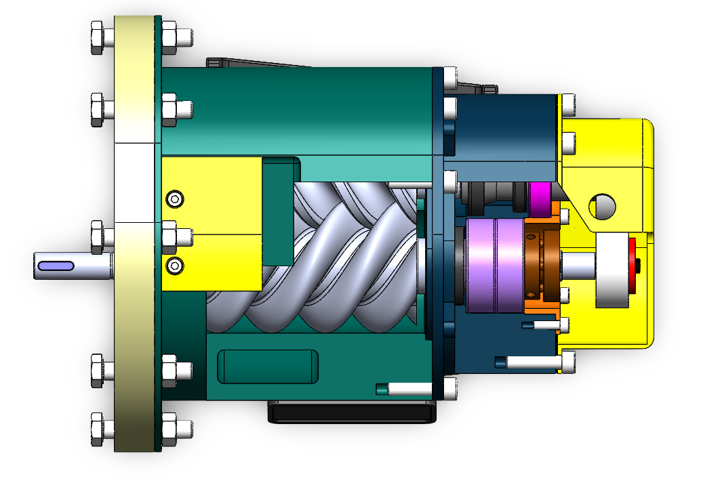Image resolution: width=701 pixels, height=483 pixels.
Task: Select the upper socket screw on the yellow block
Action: (176, 198)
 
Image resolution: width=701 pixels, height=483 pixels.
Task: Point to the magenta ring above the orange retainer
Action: (540, 197)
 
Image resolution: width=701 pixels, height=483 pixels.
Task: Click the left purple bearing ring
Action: (481, 265)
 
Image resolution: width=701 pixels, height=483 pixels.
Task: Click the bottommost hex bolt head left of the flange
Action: (97, 429)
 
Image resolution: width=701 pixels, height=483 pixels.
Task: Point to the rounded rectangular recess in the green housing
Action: (267, 366)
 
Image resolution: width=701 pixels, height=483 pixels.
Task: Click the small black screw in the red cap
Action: (638, 265)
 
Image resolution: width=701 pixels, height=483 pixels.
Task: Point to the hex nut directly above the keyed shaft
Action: (97, 236)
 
